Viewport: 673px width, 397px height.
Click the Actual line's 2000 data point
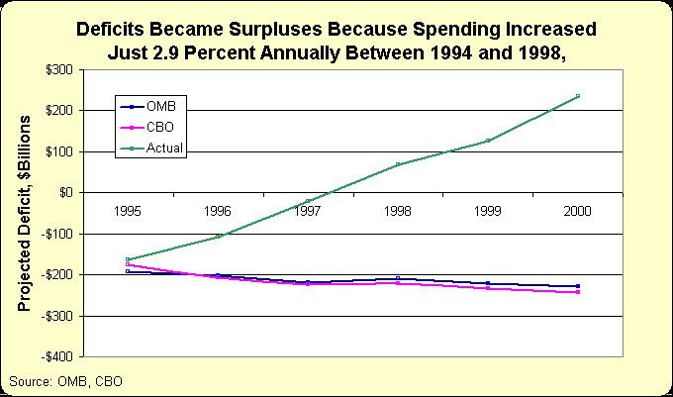point(577,96)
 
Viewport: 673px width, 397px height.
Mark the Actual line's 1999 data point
point(488,141)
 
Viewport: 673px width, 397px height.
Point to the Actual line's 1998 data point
point(398,164)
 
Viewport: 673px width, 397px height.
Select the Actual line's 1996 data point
point(218,236)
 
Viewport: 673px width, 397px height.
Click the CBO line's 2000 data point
point(577,292)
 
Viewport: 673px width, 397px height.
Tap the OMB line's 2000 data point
point(577,286)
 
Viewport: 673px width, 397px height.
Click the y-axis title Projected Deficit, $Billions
point(26,213)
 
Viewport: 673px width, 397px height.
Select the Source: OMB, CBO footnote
point(65,380)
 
